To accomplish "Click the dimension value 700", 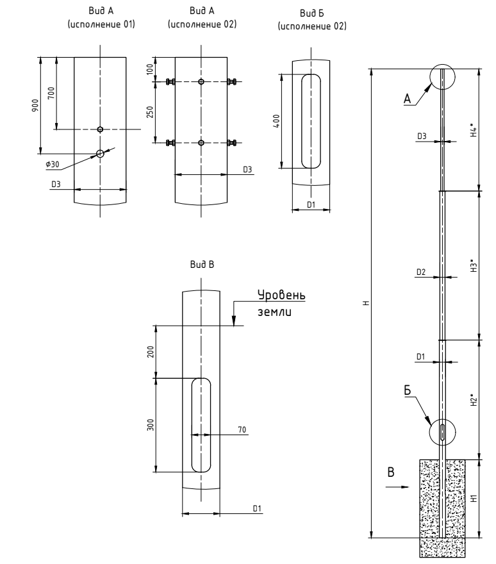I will pyautogui.click(x=51, y=93).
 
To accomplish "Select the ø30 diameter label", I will pyautogui.click(x=53, y=165).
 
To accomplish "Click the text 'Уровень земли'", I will pyautogui.click(x=281, y=304).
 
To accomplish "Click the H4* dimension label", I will pyautogui.click(x=473, y=131).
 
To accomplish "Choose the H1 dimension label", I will pyautogui.click(x=473, y=498).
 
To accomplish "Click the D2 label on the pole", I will pyautogui.click(x=420, y=272).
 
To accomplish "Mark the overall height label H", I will pyautogui.click(x=364, y=303).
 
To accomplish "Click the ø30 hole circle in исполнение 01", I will pyautogui.click(x=100, y=153).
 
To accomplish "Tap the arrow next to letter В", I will pyautogui.click(x=397, y=486).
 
